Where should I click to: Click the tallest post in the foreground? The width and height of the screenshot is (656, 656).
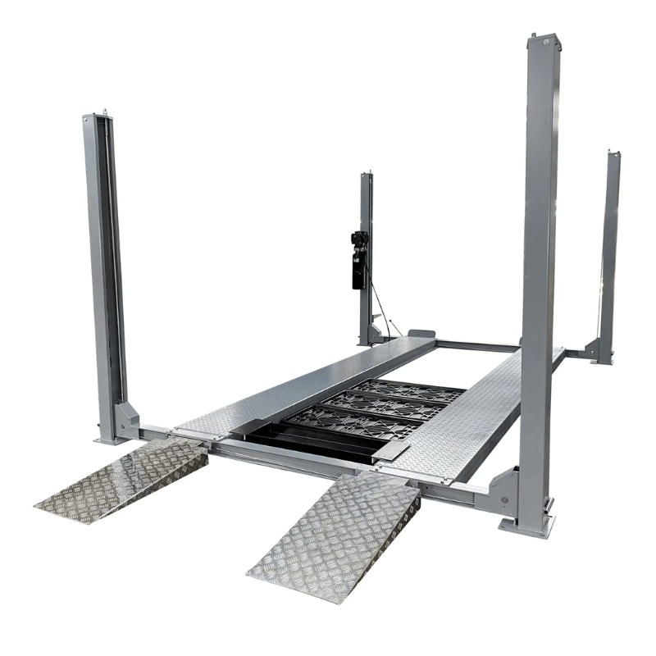pyautogui.click(x=540, y=246)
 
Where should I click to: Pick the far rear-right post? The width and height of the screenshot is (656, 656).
pyautogui.click(x=609, y=246)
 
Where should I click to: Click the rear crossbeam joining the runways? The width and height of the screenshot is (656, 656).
pyautogui.click(x=476, y=345)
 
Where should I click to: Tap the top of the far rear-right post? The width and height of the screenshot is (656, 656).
pyautogui.click(x=613, y=154)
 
